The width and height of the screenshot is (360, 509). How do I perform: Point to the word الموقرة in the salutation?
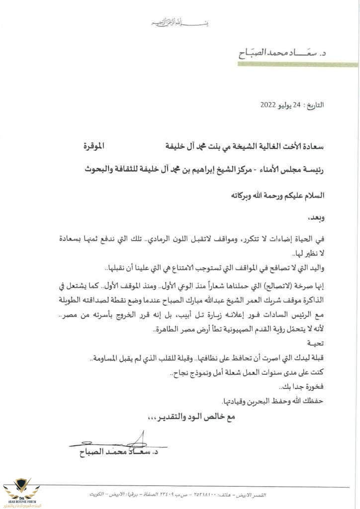tap(94, 146)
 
